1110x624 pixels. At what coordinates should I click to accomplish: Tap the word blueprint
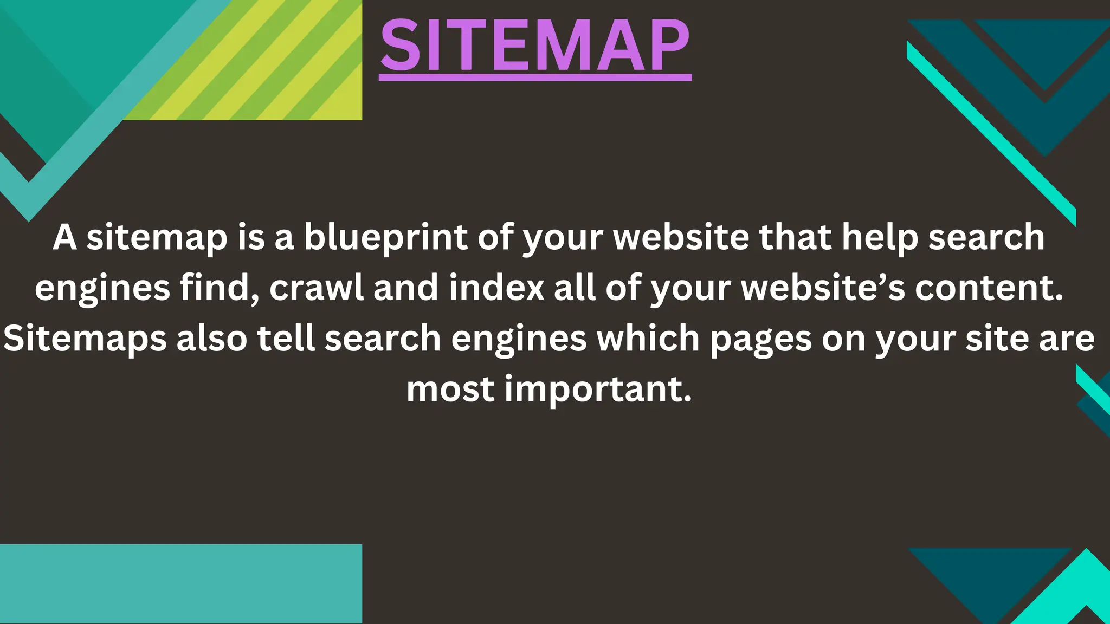385,238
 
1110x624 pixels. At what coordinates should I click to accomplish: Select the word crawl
317,288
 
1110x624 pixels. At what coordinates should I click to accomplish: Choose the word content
989,288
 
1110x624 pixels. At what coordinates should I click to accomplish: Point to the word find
220,288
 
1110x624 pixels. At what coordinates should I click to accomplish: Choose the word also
212,339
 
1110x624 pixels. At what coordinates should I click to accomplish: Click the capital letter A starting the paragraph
64,238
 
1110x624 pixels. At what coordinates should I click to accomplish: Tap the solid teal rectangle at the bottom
180,583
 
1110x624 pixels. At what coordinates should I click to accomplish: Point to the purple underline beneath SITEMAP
535,78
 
